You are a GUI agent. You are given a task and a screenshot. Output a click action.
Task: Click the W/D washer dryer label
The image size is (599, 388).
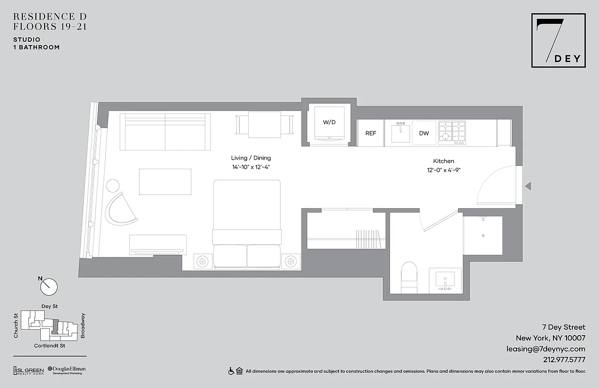coord(329,122)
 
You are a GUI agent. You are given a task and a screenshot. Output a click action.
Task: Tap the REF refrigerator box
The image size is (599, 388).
coord(371,133)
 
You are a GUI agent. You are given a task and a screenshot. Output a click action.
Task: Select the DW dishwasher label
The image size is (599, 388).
coord(424,133)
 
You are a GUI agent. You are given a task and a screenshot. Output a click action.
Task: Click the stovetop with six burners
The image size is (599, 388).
coord(452,133)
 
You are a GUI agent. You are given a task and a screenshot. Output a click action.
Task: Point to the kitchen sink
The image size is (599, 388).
coord(401,132)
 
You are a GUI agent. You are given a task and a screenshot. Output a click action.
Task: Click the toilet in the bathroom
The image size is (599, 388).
coord(410,277)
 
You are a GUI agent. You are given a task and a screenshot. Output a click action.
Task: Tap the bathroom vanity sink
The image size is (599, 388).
coord(445,281)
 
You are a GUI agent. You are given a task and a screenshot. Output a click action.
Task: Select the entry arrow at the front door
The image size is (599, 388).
coord(528,186)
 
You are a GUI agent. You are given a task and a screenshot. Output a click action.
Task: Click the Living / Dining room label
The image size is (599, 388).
coord(251,158)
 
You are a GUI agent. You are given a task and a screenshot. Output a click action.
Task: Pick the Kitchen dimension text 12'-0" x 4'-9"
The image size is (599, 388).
coord(443,170)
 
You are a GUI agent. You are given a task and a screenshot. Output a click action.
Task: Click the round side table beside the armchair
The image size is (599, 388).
coord(112,186)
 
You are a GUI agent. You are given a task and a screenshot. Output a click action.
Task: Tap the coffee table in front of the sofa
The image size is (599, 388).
coord(165,181)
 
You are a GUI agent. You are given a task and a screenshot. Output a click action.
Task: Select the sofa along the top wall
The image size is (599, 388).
coord(165,132)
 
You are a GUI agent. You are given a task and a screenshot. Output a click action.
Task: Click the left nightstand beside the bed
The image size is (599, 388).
coord(203,261)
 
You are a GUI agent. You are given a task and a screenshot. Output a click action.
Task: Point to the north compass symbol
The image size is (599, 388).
coord(48,286)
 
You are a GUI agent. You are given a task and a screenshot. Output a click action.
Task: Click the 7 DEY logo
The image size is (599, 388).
coord(558,40)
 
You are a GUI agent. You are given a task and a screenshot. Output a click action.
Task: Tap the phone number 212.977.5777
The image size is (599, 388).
coord(564,360)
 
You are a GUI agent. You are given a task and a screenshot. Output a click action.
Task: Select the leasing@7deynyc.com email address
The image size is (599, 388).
coord(546,349)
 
